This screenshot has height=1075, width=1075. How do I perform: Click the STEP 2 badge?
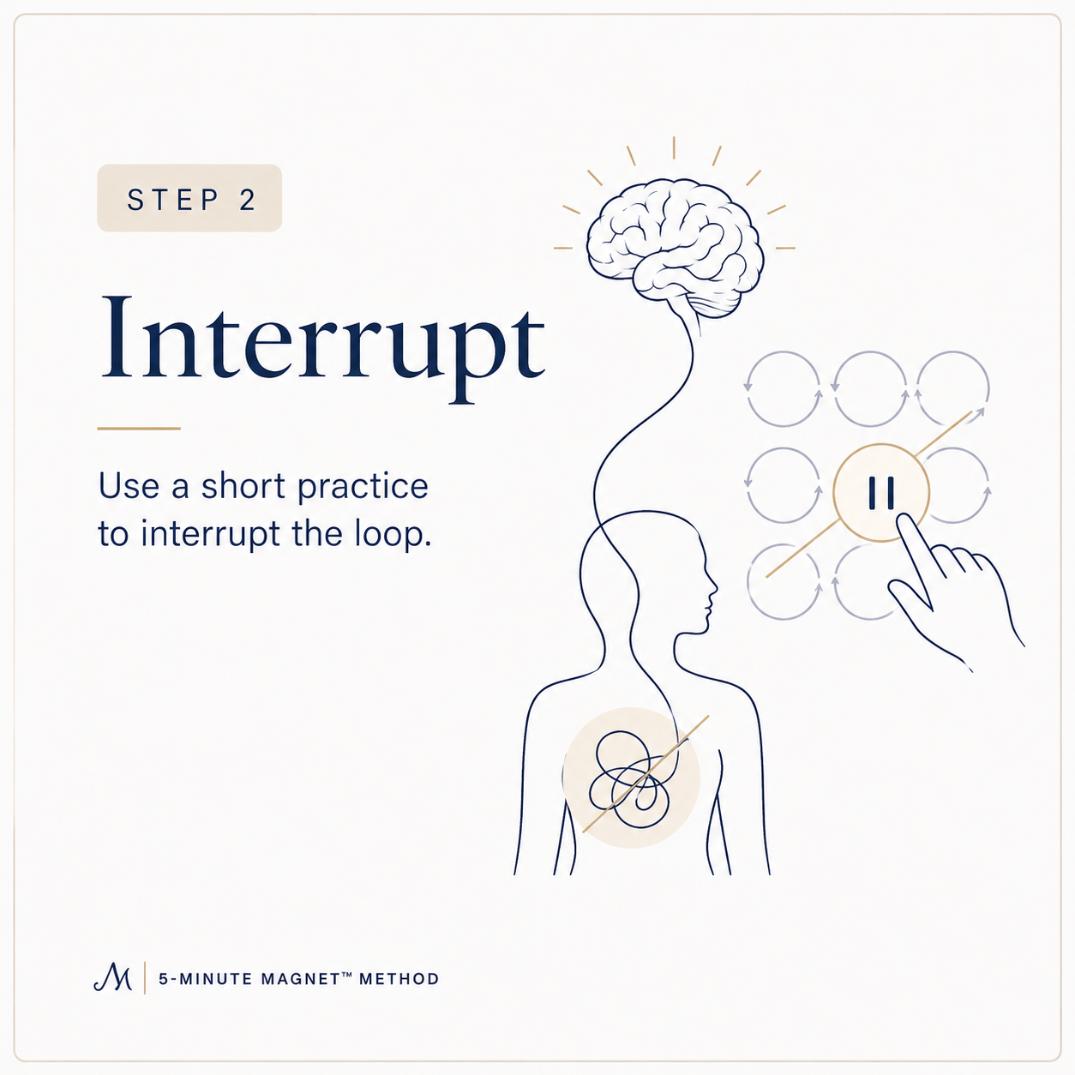pyautogui.click(x=189, y=197)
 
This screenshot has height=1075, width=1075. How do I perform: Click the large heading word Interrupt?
pyautogui.click(x=322, y=345)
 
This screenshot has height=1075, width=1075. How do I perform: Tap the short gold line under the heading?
pyautogui.click(x=139, y=429)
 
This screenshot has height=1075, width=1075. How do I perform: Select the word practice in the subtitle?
pyautogui.click(x=363, y=488)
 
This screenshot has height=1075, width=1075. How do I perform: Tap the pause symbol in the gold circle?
pyautogui.click(x=882, y=493)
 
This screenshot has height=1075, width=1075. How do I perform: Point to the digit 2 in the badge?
pyautogui.click(x=248, y=200)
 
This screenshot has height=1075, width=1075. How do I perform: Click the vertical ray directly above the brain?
pyautogui.click(x=674, y=147)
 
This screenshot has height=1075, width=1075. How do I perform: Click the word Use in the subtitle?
pyautogui.click(x=129, y=486)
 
